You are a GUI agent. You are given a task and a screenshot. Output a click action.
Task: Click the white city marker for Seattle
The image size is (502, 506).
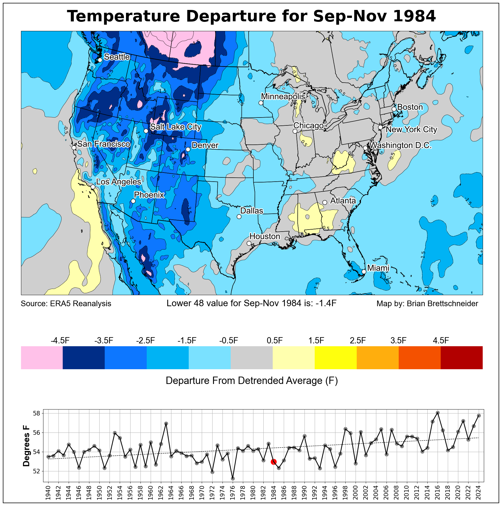coord(100,60)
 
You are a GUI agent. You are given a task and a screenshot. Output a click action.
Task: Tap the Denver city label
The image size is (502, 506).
coord(205,145)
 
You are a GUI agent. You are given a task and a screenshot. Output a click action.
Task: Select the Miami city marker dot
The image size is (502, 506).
coord(364,272)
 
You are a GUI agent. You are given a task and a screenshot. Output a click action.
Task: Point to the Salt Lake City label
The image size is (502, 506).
coord(175,127)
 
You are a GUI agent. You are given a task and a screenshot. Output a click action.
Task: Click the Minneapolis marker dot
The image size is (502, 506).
coord(261,103)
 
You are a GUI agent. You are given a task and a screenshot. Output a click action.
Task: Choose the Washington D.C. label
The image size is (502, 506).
coord(400,145)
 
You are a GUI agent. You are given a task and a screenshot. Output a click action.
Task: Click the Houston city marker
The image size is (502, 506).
coord(249,243)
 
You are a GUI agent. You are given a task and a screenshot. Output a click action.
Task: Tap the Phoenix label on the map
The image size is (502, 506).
coord(149,195)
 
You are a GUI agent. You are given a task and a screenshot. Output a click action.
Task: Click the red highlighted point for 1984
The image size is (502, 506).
coord(274,462)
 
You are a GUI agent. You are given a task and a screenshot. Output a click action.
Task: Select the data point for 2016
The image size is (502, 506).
coord(438,413)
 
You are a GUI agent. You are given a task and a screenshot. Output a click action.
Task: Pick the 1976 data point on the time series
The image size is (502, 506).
coord(233,478)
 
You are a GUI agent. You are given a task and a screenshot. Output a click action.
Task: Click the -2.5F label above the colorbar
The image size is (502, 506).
coord(146,340)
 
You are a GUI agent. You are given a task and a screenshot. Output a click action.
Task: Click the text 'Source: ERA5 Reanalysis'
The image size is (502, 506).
coord(66,304)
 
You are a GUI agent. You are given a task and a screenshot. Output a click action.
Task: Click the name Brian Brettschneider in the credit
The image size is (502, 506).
coord(442,304)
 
